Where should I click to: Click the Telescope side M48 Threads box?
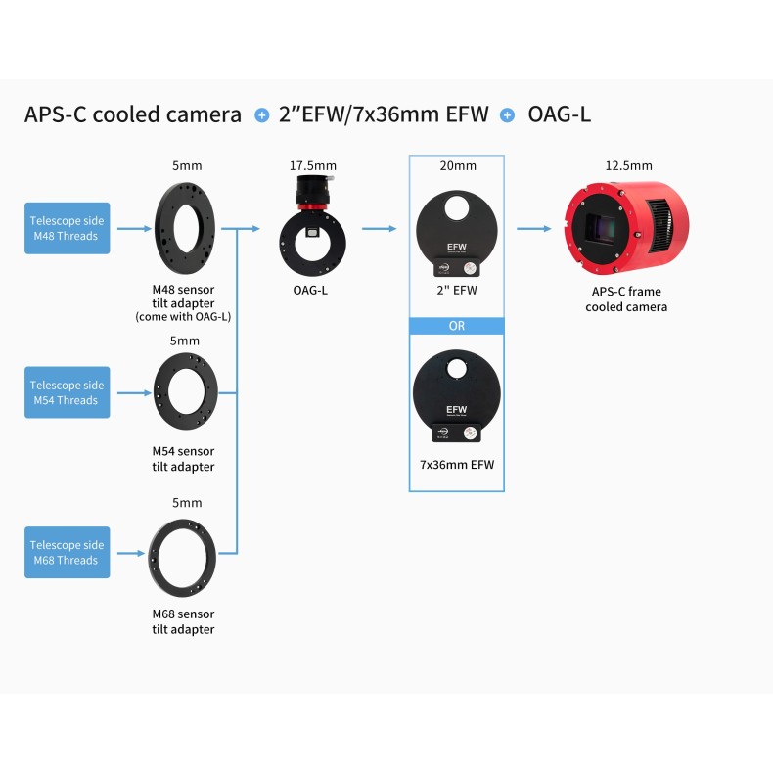[68, 228]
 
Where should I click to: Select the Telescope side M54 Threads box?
[68, 392]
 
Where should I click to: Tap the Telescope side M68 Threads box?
[68, 553]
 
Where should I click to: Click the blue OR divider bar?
[456, 326]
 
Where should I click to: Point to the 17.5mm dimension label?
[312, 165]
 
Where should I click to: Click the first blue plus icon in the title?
[261, 115]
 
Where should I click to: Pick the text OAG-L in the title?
[559, 114]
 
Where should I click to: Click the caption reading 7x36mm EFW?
[456, 465]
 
